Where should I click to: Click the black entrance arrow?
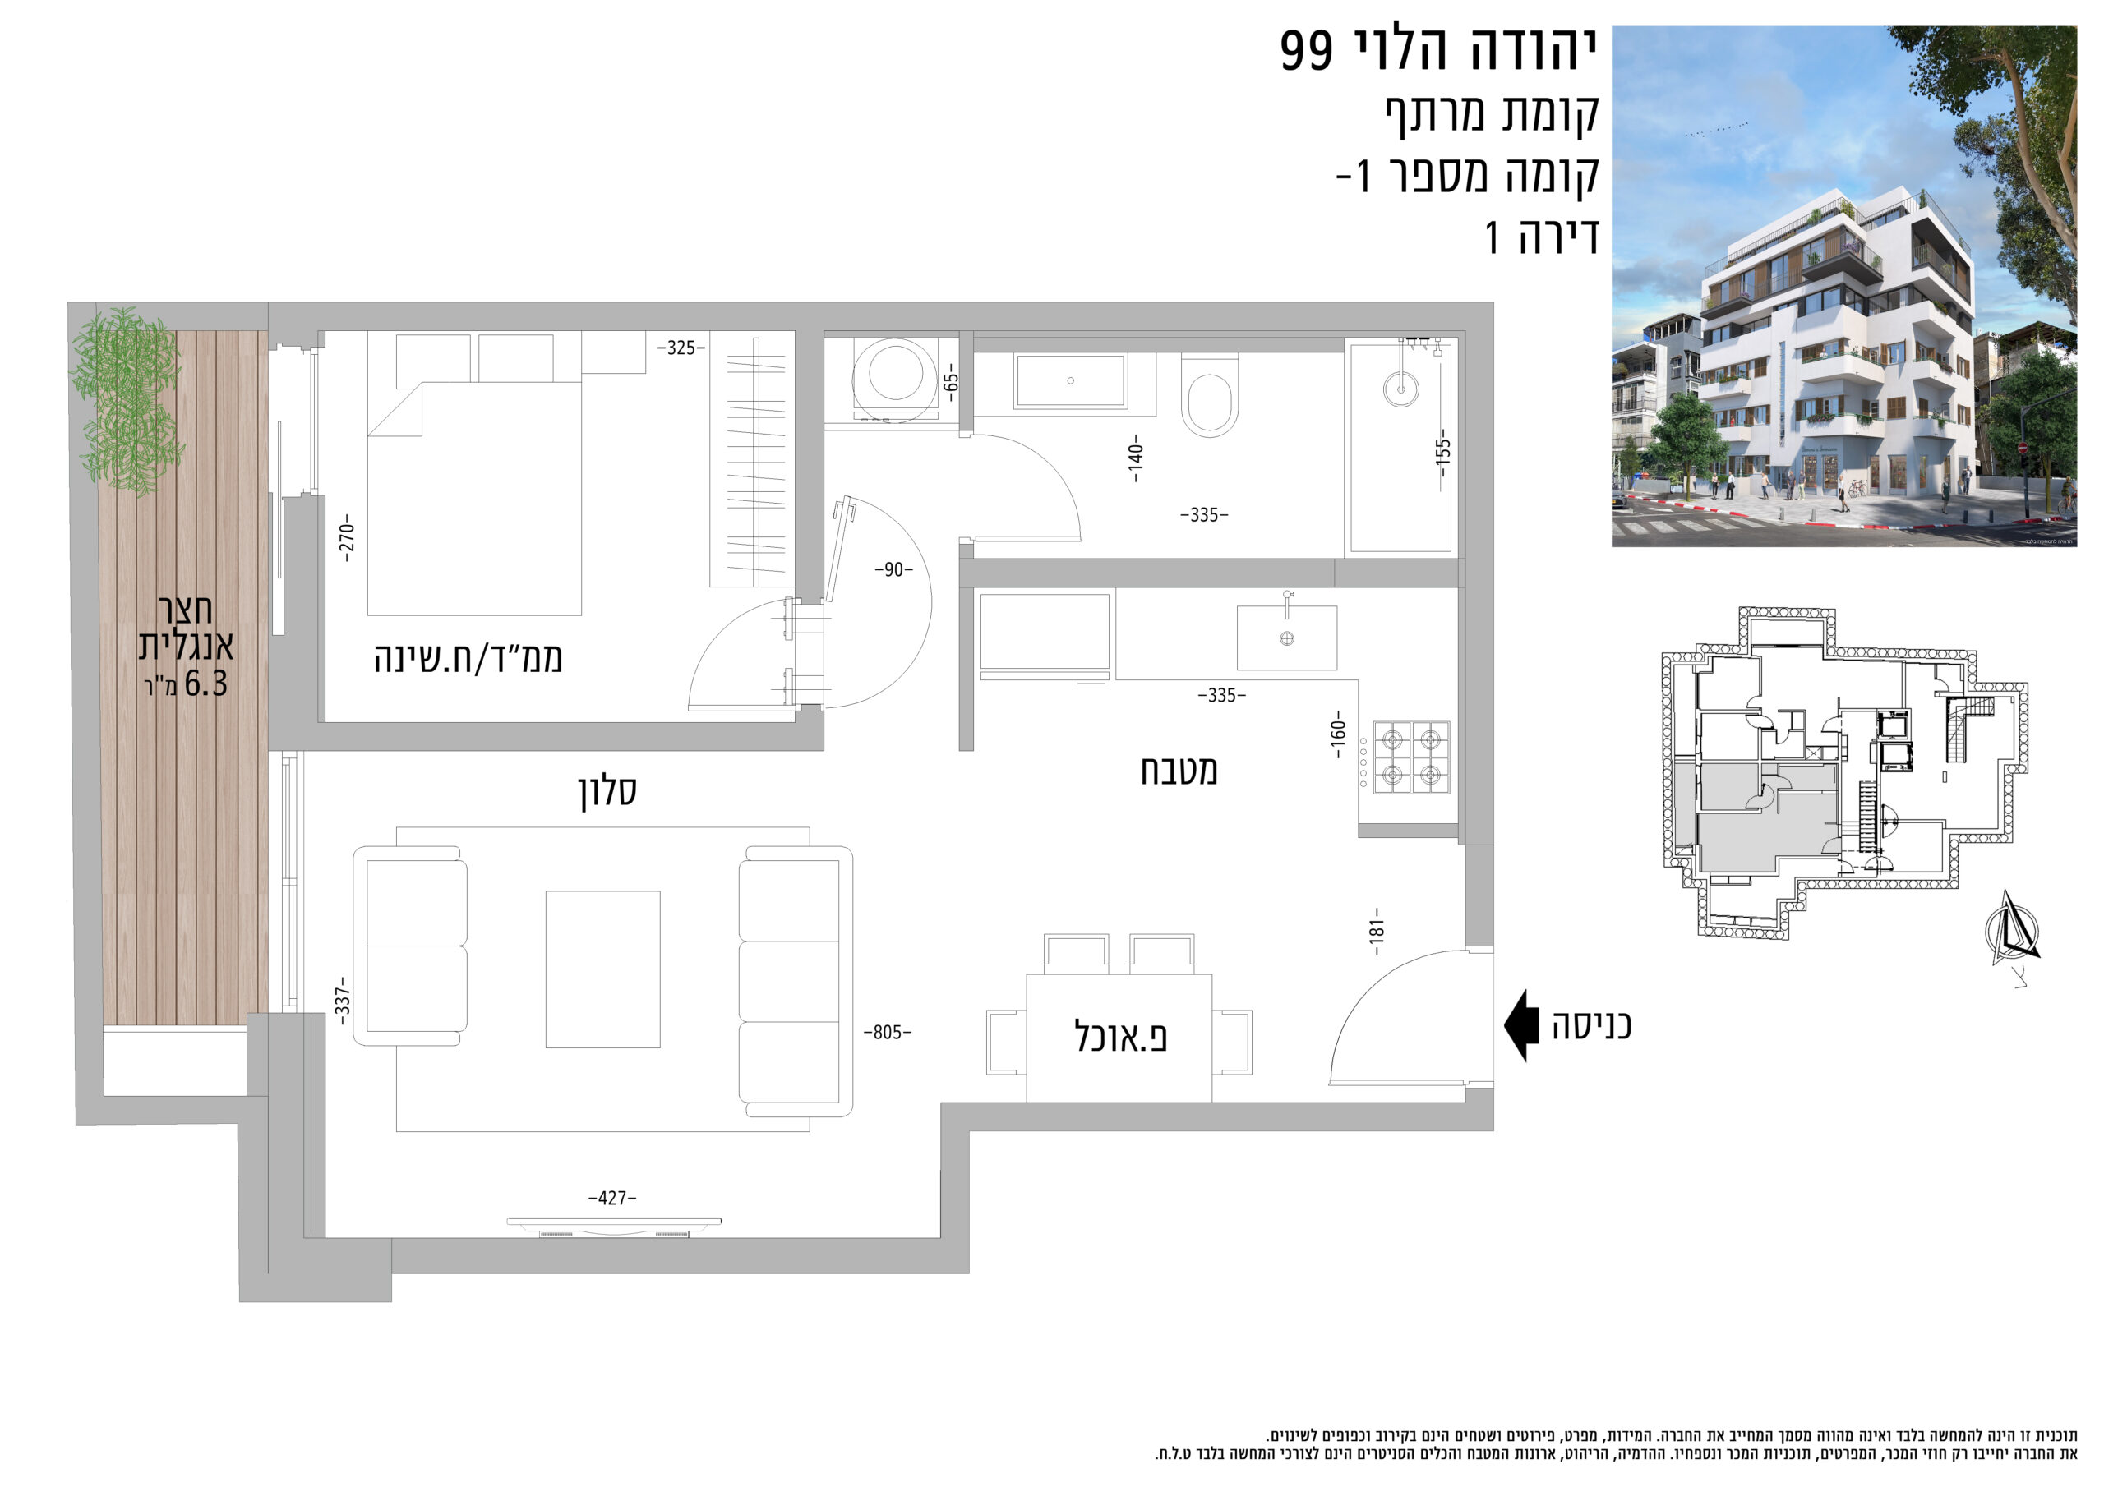coord(1520,1025)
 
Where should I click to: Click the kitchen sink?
coord(1286,637)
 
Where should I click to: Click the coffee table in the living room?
coord(603,969)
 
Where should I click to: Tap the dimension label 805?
coord(887,1033)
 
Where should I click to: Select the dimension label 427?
coord(612,1198)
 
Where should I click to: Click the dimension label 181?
coord(1377,932)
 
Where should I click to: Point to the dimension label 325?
coord(681,348)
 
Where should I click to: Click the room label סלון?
coord(607,790)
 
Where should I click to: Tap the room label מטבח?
coord(1179,771)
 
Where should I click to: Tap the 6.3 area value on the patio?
coord(205,684)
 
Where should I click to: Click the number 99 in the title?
coord(1307,50)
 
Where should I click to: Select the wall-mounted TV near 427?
coord(614,1222)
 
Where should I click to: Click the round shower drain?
coord(1400,389)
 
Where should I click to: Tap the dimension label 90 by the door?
coord(893,570)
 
